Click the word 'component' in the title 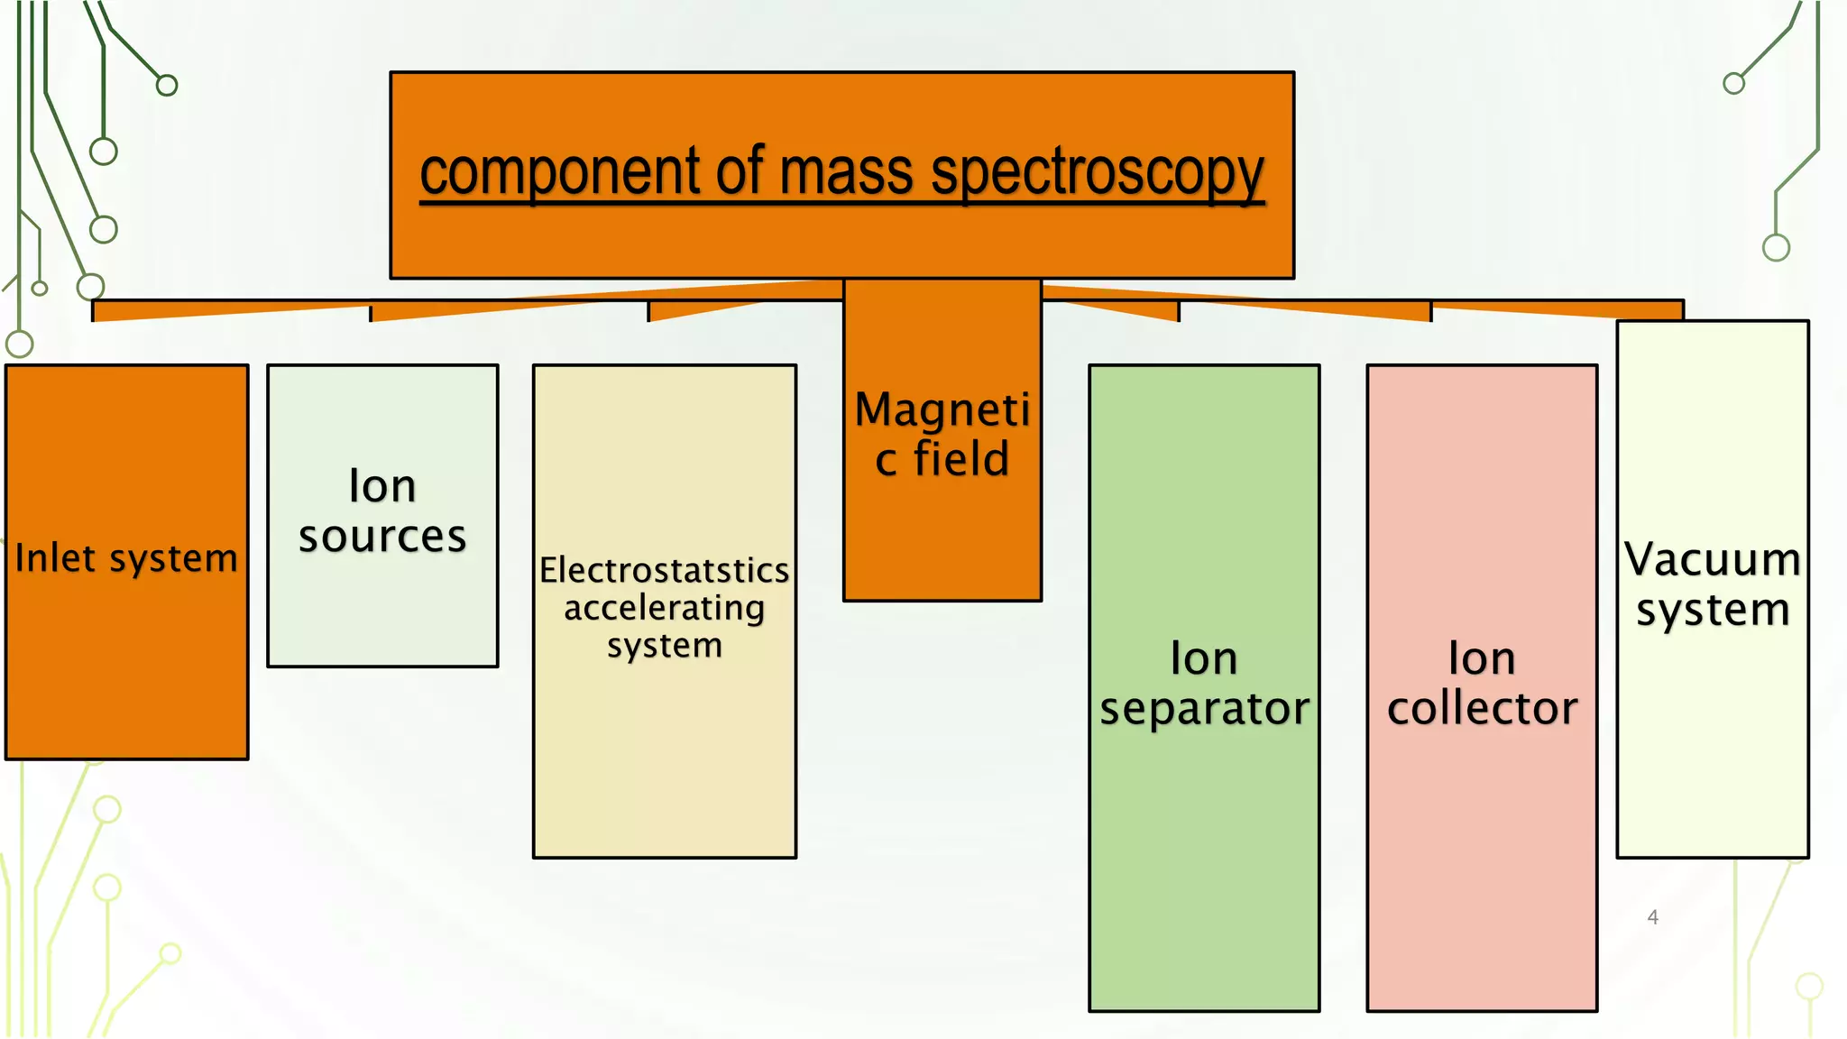559,172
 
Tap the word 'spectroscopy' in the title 1098,172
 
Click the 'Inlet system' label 126,558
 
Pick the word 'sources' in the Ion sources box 382,538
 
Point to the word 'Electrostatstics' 665,570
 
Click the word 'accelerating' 665,609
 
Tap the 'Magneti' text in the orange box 942,410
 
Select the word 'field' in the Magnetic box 961,459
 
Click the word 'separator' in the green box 1204,709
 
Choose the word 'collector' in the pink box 1482,709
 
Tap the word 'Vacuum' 1713,559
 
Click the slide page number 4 1652,917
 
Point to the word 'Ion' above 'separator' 1204,658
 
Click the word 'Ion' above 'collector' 1482,658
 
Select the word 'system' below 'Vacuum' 1713,611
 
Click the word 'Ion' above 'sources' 382,487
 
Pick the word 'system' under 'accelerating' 665,647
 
